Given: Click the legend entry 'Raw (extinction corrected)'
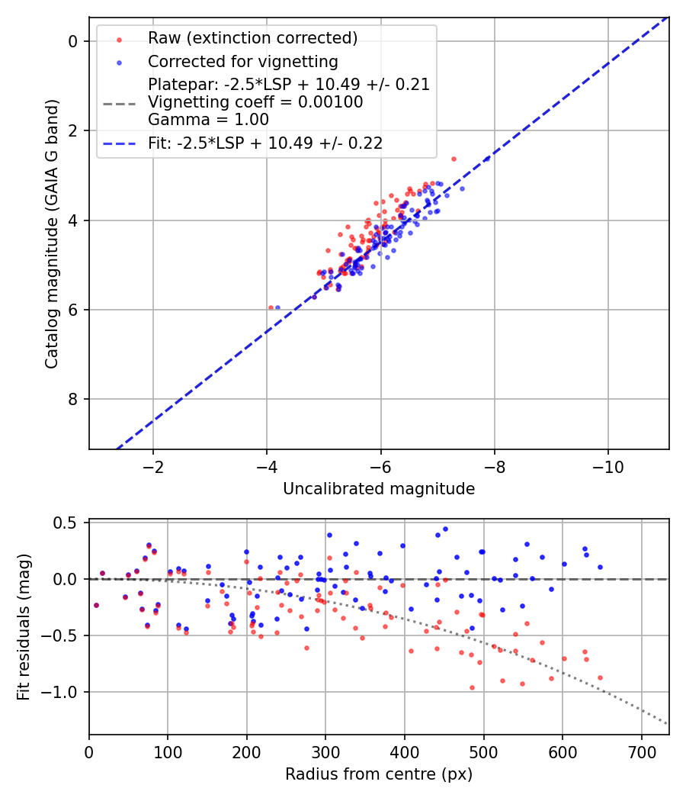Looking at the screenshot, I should (252, 38).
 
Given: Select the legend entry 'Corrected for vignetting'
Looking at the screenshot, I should (242, 61).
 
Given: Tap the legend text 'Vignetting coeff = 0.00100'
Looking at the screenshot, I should (255, 101).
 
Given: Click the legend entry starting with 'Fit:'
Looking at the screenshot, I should (264, 143).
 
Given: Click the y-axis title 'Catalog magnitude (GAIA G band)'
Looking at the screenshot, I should (51, 233).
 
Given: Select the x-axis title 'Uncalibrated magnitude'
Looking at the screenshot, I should (379, 489).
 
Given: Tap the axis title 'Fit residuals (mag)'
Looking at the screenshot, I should (24, 627).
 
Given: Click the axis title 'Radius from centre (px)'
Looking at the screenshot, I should (379, 774).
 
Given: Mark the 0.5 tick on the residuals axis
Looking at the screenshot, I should (69, 523).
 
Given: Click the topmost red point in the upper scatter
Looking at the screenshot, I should (454, 159).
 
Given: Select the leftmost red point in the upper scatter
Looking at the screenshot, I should (271, 307).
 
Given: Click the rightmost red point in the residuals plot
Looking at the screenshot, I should (600, 677).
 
